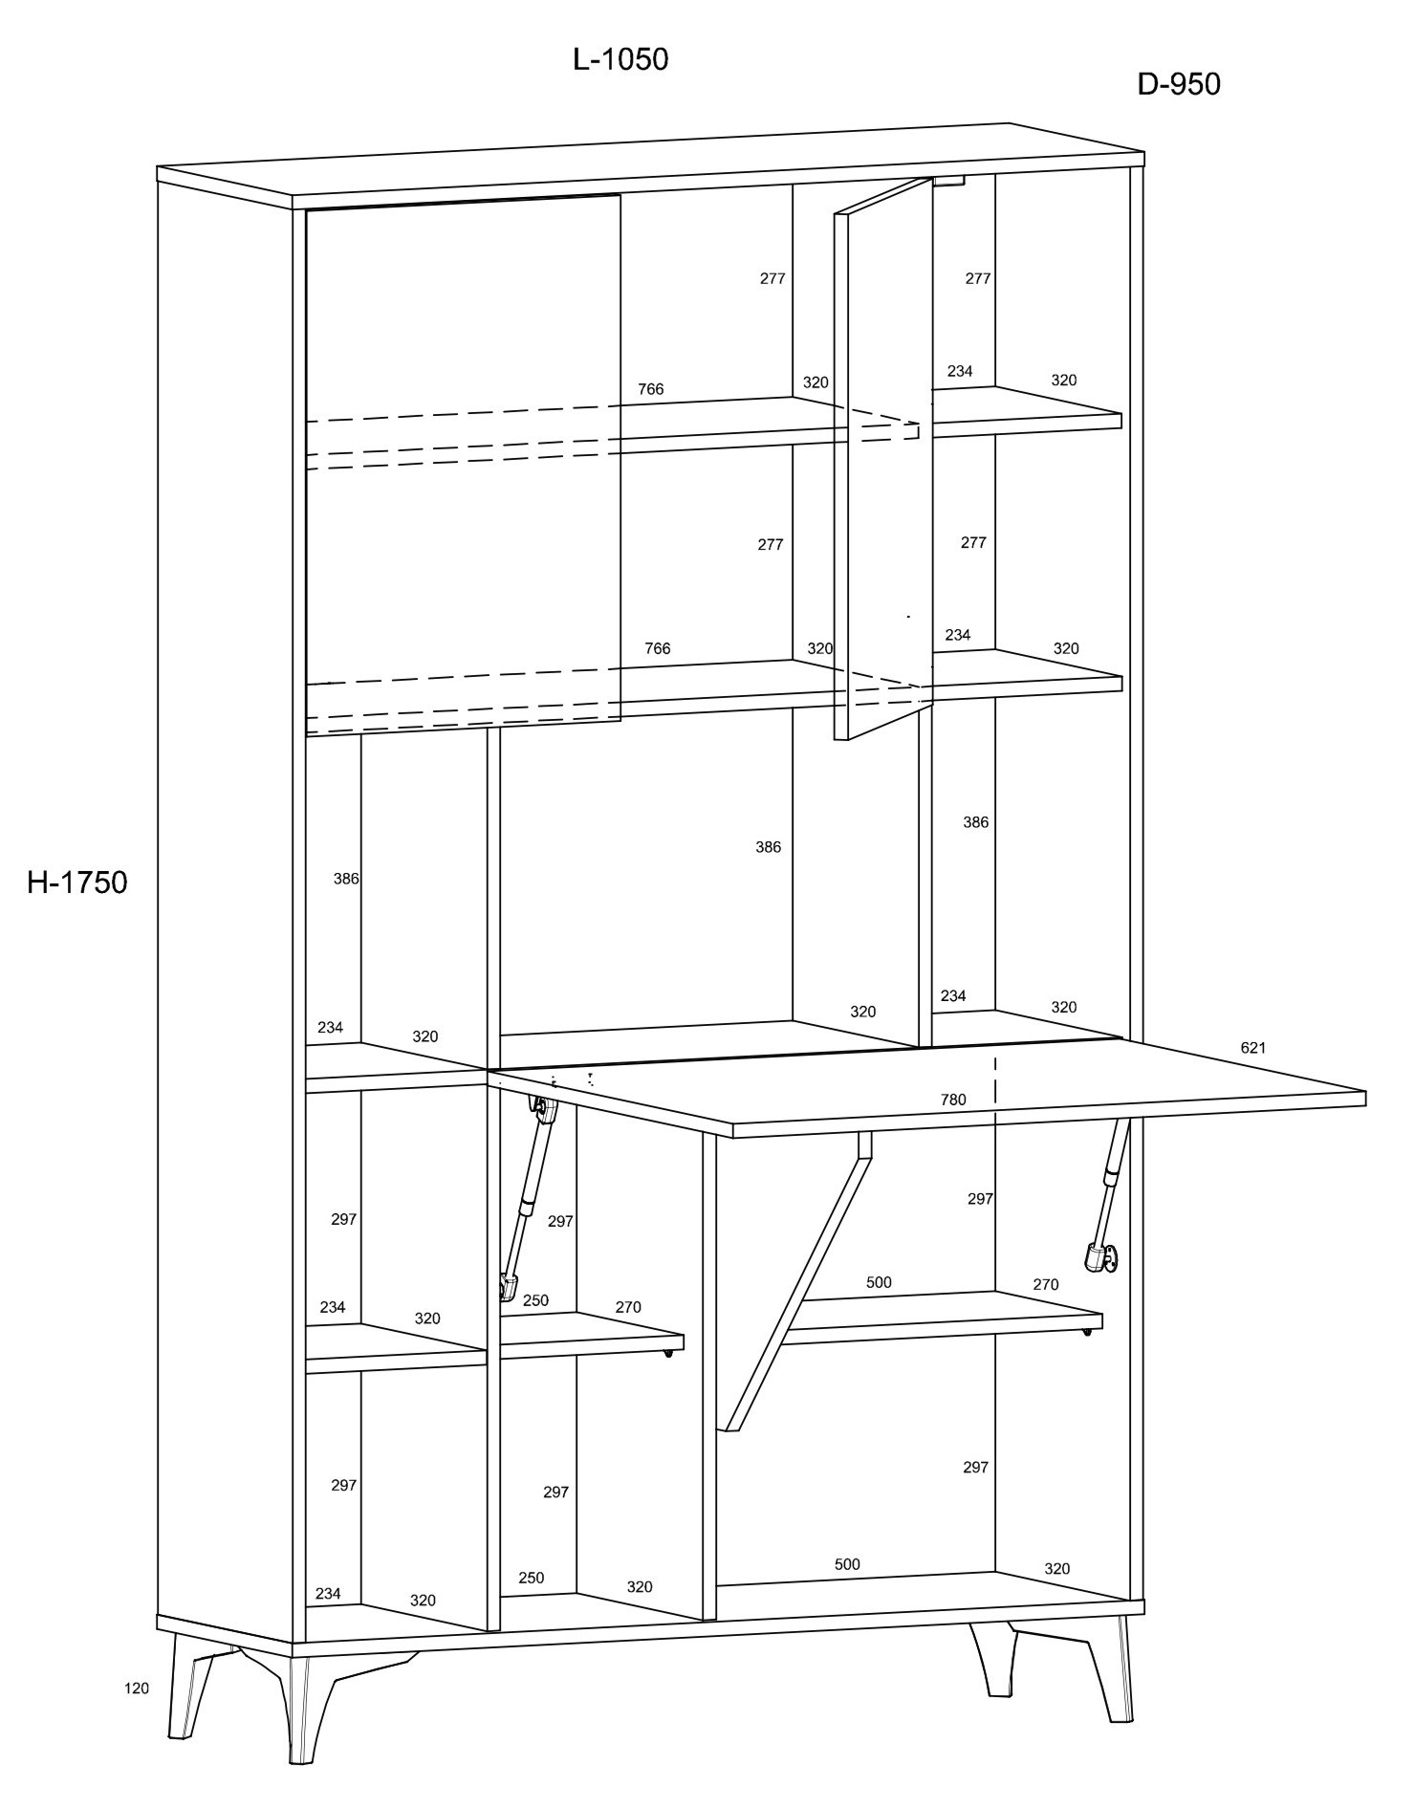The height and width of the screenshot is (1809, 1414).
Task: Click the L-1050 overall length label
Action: pyautogui.click(x=620, y=59)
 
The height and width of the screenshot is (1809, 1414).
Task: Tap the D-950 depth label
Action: pyautogui.click(x=1179, y=84)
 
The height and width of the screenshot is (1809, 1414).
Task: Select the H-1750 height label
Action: pyautogui.click(x=76, y=882)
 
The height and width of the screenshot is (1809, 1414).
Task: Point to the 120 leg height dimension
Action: pyautogui.click(x=137, y=1714)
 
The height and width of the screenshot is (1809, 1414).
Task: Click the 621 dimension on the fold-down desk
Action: pyautogui.click(x=1253, y=1047)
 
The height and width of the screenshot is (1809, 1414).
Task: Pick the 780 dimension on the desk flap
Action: pyautogui.click(x=953, y=1100)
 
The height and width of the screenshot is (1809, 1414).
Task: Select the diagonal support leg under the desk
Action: pyautogui.click(x=797, y=1281)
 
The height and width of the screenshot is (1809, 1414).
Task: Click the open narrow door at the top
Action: pyautogui.click(x=883, y=459)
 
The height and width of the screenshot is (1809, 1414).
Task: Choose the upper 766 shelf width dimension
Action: pyautogui.click(x=650, y=389)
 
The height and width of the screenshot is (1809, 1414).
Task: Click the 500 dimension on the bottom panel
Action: pyautogui.click(x=847, y=1564)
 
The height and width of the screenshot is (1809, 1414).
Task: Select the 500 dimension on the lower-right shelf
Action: pyautogui.click(x=879, y=1282)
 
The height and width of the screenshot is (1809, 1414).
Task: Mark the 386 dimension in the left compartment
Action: pyautogui.click(x=346, y=879)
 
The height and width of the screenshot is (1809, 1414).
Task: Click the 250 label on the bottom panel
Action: pyautogui.click(x=531, y=1578)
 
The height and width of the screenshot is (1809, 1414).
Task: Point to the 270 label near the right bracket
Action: pyautogui.click(x=1046, y=1284)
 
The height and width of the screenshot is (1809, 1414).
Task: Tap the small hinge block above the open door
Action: pyautogui.click(x=949, y=180)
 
